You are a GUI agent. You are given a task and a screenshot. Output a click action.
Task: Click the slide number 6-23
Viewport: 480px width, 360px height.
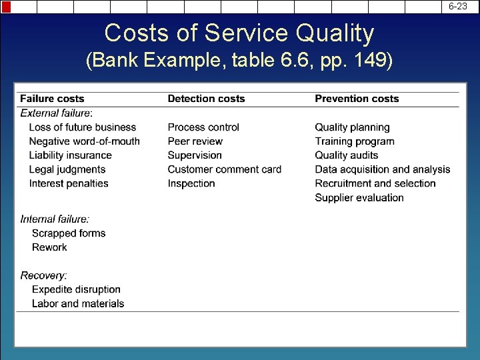pyautogui.click(x=457, y=6)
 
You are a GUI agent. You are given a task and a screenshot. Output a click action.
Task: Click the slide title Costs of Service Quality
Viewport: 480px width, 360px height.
pyautogui.click(x=239, y=33)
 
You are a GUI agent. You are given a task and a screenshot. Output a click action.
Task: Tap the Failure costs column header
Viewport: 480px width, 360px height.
pyautogui.click(x=52, y=99)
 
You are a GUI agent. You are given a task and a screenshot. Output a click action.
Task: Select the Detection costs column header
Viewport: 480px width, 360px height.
pyautogui.click(x=206, y=99)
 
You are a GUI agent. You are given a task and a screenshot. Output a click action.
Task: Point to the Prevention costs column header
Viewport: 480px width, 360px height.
pyautogui.click(x=357, y=99)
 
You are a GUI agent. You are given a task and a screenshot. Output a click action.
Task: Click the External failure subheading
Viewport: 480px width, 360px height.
pyautogui.click(x=57, y=113)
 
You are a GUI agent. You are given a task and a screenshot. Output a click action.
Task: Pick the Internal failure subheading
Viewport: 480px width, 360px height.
pyautogui.click(x=55, y=219)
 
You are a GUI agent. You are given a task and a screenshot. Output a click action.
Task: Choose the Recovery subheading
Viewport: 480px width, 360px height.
pyautogui.click(x=43, y=275)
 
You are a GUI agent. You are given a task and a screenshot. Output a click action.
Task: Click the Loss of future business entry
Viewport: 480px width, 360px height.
pyautogui.click(x=83, y=127)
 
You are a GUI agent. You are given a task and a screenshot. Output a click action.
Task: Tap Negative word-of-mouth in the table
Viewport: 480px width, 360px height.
pyautogui.click(x=85, y=141)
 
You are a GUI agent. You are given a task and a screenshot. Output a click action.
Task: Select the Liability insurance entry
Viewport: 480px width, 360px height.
pyautogui.click(x=71, y=155)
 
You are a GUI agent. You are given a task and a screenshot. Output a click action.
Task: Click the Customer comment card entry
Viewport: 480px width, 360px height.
pyautogui.click(x=225, y=169)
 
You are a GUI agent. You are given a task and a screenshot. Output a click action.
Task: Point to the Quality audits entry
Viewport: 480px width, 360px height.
pyautogui.click(x=347, y=155)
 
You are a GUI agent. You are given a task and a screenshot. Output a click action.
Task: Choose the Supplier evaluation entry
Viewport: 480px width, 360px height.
pyautogui.click(x=359, y=197)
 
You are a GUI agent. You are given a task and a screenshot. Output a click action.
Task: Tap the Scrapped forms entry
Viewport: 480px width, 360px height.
pyautogui.click(x=69, y=233)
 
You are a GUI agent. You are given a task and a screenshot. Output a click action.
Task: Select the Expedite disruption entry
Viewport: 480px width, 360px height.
pyautogui.click(x=76, y=289)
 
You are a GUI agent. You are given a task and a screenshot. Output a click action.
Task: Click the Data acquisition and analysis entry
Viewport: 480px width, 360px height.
pyautogui.click(x=383, y=169)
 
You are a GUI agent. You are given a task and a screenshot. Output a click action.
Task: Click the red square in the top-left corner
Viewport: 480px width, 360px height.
pyautogui.click(x=6, y=7)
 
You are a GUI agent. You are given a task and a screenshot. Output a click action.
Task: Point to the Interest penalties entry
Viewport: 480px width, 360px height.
pyautogui.click(x=69, y=183)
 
